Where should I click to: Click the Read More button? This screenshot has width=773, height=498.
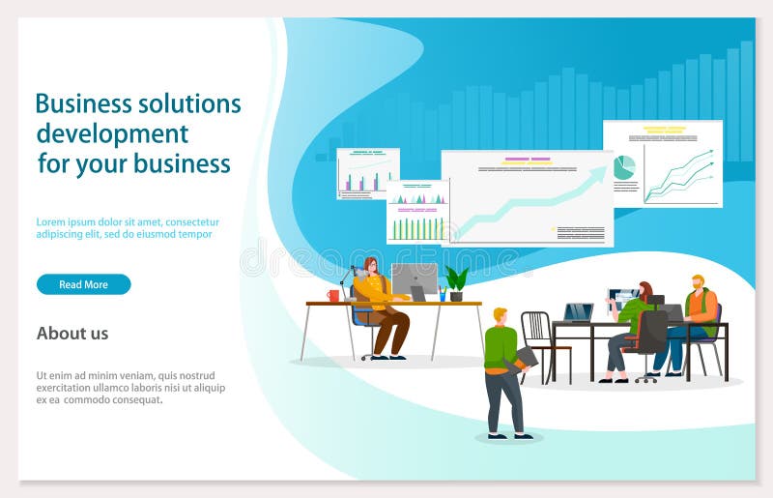click(x=83, y=284)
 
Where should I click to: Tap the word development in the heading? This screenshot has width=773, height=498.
click(x=112, y=133)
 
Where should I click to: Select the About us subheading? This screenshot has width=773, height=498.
click(x=72, y=334)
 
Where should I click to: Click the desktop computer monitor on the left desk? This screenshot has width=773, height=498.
click(x=414, y=279)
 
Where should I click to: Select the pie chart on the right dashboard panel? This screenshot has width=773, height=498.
click(x=623, y=168)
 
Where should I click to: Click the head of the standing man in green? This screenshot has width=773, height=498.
click(x=500, y=315)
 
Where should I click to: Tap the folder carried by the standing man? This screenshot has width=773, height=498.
click(x=526, y=358)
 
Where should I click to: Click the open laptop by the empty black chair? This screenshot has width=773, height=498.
click(x=578, y=312)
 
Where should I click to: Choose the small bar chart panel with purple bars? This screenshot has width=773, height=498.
click(x=367, y=174)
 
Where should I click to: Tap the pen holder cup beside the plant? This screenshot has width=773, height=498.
click(x=443, y=293)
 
